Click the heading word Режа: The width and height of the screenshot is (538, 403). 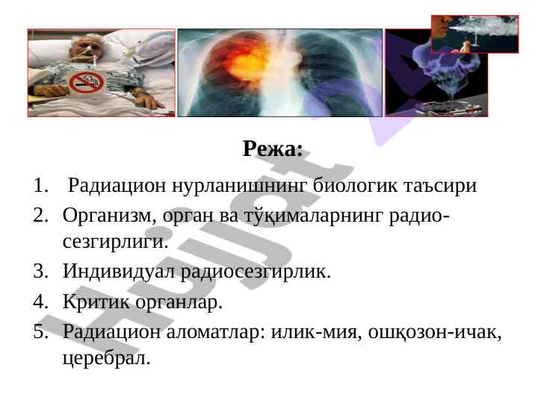click(273, 149)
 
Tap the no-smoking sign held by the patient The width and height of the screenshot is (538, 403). click(86, 83)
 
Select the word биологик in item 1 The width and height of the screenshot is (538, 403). click(355, 185)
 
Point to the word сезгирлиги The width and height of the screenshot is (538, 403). click(116, 242)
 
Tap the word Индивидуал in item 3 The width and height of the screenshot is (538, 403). click(119, 272)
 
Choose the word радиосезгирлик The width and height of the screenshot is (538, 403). click(256, 272)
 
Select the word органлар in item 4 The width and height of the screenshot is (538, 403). click(179, 302)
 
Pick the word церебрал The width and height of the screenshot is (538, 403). click(106, 358)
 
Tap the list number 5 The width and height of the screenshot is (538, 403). click(40, 331)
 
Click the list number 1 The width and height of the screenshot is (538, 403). click(40, 185)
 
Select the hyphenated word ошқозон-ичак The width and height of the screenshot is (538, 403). click(435, 331)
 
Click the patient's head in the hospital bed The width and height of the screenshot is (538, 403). click(83, 48)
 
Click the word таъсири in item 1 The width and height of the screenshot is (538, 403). click(440, 185)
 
